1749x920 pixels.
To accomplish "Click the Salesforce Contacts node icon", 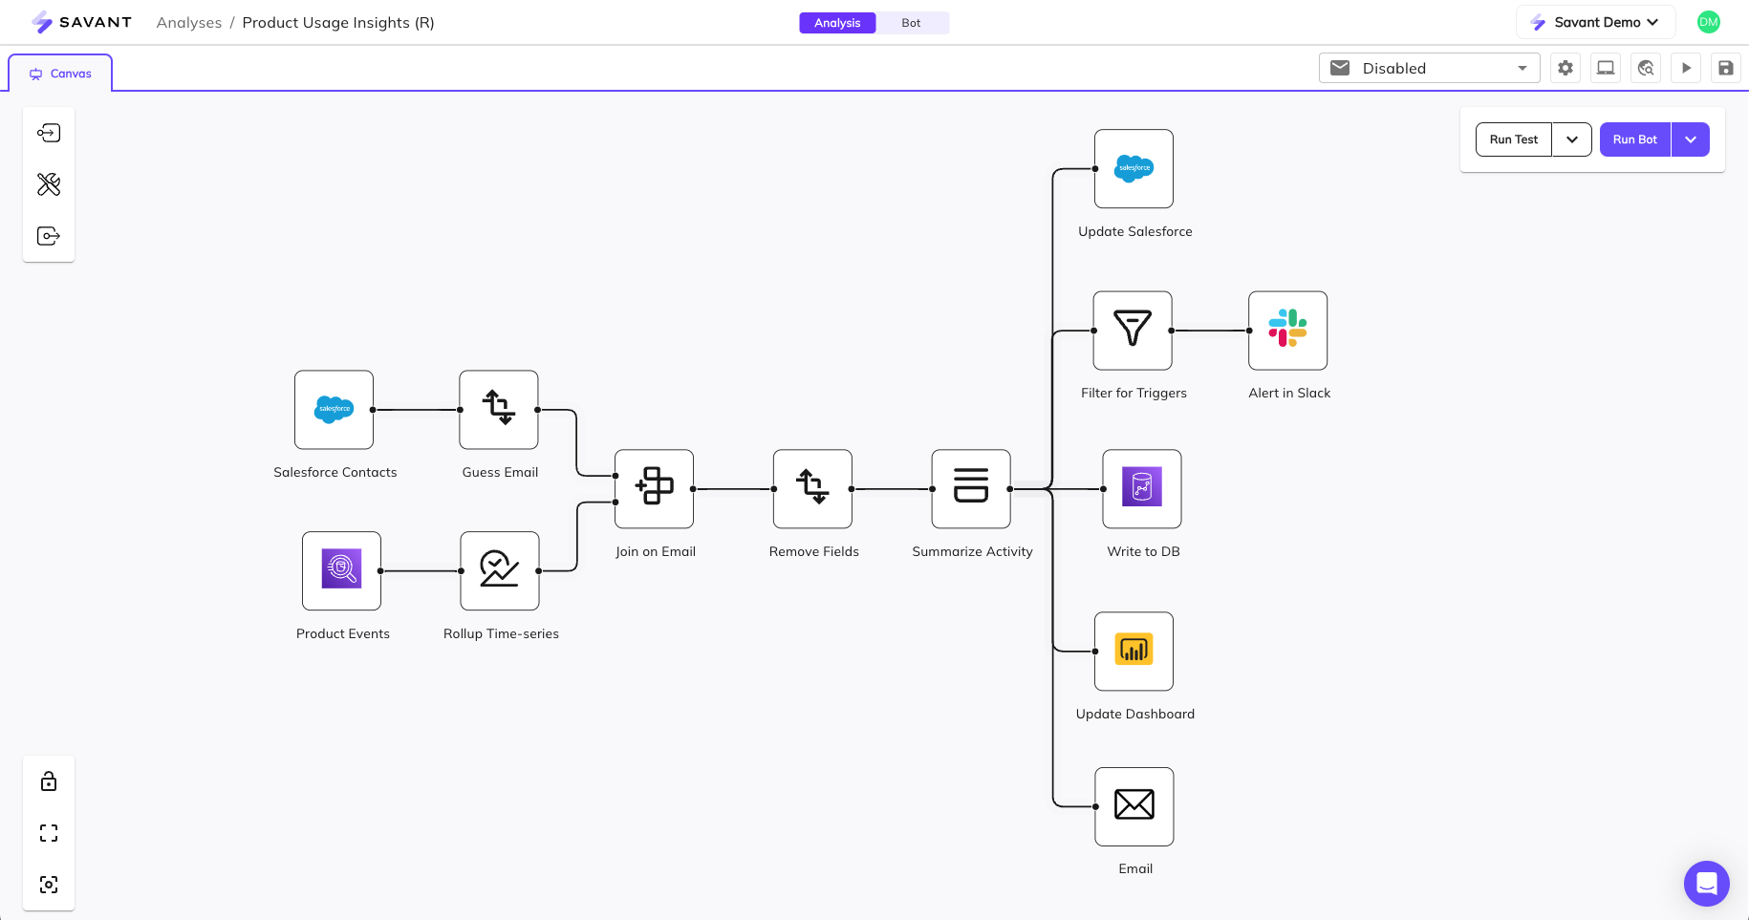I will pyautogui.click(x=334, y=409).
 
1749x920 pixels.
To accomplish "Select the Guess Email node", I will pyautogui.click(x=498, y=409).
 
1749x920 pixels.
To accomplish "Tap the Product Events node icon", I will pyautogui.click(x=341, y=570).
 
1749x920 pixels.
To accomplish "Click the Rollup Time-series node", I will pyautogui.click(x=499, y=570).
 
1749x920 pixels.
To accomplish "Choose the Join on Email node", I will pyautogui.click(x=654, y=488).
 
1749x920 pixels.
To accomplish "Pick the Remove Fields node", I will pyautogui.click(x=812, y=488).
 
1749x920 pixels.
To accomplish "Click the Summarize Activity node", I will pyautogui.click(x=971, y=488).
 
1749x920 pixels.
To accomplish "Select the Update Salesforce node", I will pyautogui.click(x=1134, y=168).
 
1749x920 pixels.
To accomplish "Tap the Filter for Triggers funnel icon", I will pyautogui.click(x=1133, y=330).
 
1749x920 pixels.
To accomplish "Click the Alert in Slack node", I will pyautogui.click(x=1287, y=330).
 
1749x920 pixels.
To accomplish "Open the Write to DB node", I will pyautogui.click(x=1141, y=488).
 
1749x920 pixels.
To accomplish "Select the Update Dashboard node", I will pyautogui.click(x=1134, y=651).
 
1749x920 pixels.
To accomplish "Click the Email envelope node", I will pyautogui.click(x=1134, y=805).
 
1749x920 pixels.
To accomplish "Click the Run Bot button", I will pyautogui.click(x=1634, y=139).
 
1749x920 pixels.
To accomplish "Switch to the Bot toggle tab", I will pyautogui.click(x=911, y=23).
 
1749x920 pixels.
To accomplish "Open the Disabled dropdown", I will pyautogui.click(x=1429, y=68).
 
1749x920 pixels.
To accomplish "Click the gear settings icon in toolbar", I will pyautogui.click(x=1565, y=68).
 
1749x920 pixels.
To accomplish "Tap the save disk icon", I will pyautogui.click(x=1725, y=68).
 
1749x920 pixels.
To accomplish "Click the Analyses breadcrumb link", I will pyautogui.click(x=188, y=23).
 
